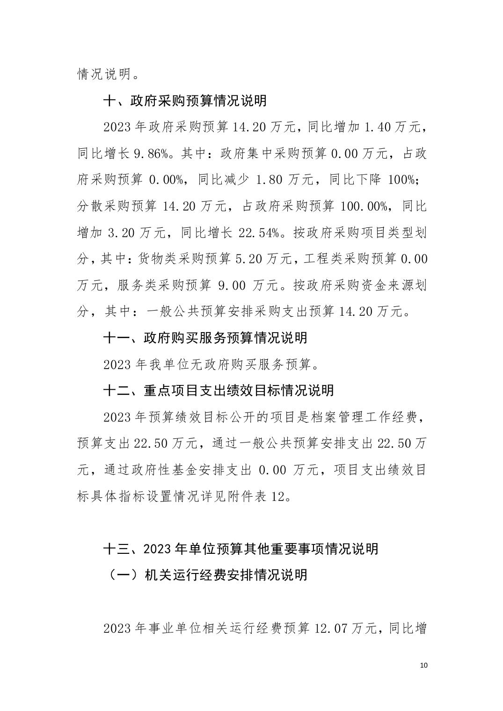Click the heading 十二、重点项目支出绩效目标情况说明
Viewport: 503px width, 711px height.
(x=218, y=390)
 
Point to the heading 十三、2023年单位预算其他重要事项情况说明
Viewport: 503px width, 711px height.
(x=241, y=548)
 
